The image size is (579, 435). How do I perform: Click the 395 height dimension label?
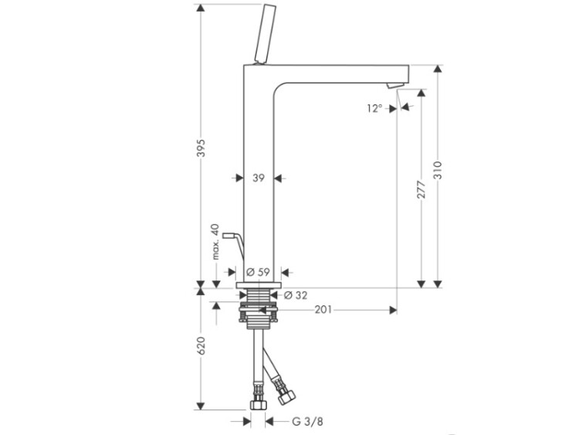point(201,148)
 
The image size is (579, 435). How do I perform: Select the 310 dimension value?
point(438,170)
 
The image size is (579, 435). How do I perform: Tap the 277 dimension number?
point(422,189)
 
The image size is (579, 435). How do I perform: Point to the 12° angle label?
point(374,108)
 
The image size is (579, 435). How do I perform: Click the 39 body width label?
point(259,178)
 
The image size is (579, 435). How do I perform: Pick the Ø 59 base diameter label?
point(258,273)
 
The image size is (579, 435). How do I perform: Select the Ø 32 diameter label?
point(296,295)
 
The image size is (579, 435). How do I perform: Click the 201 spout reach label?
point(323,310)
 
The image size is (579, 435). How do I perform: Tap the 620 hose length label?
point(201,346)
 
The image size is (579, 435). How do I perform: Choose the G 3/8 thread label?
point(307,421)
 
